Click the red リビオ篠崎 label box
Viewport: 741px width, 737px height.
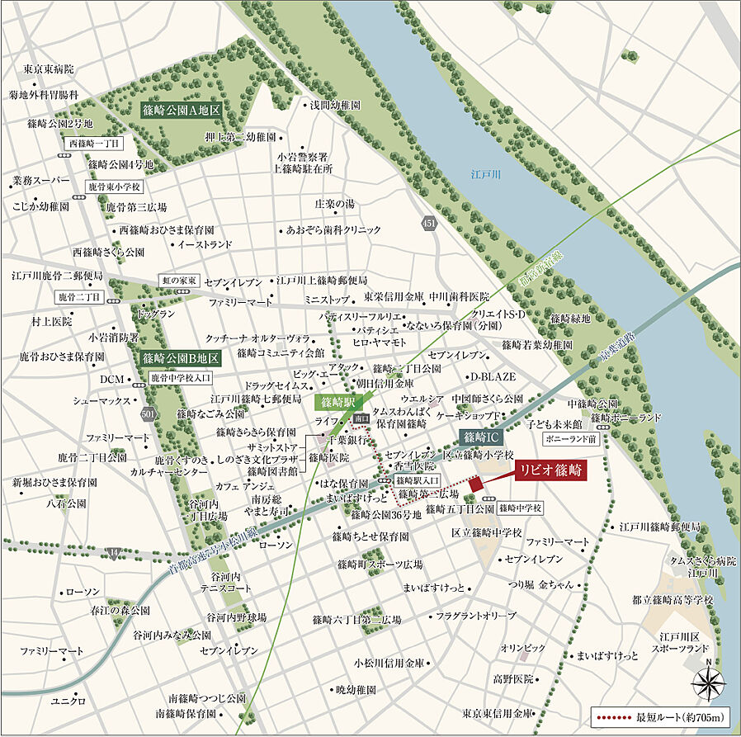coord(550,471)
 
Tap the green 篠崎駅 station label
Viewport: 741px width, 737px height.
coord(338,402)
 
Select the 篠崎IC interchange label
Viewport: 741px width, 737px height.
coord(481,437)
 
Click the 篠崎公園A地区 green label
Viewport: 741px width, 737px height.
coord(179,109)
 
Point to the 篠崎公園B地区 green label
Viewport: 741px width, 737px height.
coord(180,358)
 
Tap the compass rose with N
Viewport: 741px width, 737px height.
coord(710,683)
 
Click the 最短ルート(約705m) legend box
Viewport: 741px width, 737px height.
coord(659,715)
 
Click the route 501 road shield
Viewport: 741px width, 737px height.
coord(147,413)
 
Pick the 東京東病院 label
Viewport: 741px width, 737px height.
coord(49,69)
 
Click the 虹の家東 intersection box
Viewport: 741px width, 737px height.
coord(179,281)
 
